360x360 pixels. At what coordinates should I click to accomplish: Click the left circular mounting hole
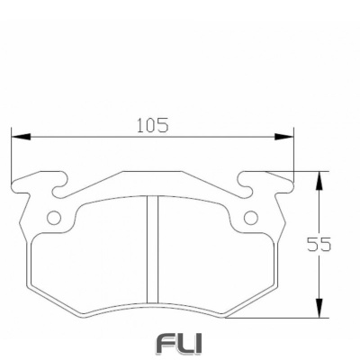pyautogui.click(x=53, y=218)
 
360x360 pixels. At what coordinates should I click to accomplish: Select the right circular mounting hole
pyautogui.click(x=251, y=218)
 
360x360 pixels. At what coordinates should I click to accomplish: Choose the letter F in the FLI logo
pyautogui.click(x=167, y=344)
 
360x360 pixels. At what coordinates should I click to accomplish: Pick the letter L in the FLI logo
pyautogui.click(x=186, y=344)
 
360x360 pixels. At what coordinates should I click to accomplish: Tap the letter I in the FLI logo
pyautogui.click(x=199, y=344)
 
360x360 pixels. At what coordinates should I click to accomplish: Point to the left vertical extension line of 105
pyautogui.click(x=11, y=157)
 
